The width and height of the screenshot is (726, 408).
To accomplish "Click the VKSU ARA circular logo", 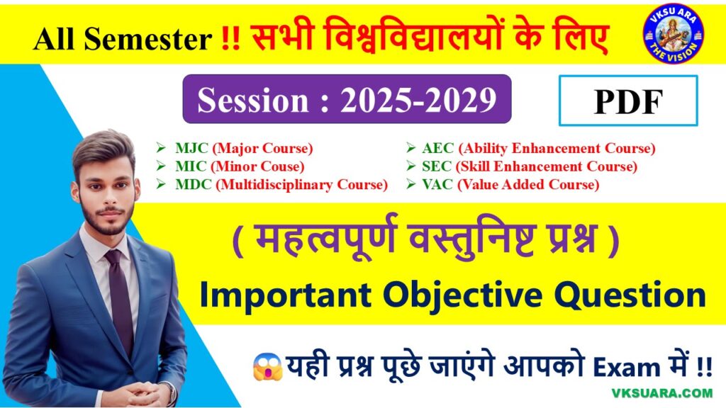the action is (x=674, y=33).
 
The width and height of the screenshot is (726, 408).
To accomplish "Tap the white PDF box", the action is (x=628, y=101).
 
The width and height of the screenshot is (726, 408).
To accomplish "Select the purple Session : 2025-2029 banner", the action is (x=347, y=99).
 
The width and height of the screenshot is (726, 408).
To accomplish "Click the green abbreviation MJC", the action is (x=191, y=148).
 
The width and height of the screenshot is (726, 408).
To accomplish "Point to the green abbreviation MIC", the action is (x=191, y=166).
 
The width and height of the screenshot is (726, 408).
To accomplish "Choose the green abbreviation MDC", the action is (x=194, y=184).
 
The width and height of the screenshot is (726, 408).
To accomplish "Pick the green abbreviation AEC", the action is (x=438, y=148).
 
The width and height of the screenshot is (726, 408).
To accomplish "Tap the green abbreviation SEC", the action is (x=437, y=166).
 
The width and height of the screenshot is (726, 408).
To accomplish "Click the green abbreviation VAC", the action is (x=437, y=184).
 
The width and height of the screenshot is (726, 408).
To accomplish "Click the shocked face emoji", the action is (x=267, y=368).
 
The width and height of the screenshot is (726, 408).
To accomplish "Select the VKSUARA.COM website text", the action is (x=662, y=393).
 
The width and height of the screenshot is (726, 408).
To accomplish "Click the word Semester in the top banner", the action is (x=148, y=38).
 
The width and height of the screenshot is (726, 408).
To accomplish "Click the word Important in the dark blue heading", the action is (x=285, y=295).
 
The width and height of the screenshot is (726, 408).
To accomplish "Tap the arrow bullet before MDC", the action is (x=161, y=184).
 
